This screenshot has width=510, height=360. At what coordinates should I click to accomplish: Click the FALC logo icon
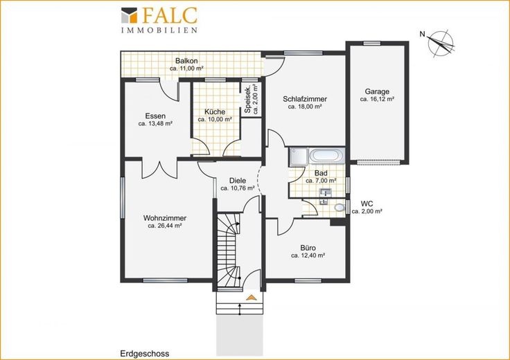tap(129, 15)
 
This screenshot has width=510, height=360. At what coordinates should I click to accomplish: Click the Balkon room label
tap(186, 61)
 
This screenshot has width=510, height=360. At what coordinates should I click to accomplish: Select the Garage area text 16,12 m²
tap(377, 99)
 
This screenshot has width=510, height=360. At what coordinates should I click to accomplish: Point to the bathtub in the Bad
tap(326, 156)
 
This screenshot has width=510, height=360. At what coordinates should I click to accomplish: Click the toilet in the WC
tap(340, 207)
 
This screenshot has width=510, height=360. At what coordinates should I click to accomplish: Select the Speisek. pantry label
tap(247, 100)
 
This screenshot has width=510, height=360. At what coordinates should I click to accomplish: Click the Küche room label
tap(215, 111)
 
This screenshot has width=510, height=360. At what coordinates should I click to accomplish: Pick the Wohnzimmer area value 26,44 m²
tap(165, 226)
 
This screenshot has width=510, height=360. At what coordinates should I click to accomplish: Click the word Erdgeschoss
tap(145, 354)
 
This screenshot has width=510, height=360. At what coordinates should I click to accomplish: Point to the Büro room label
tap(308, 249)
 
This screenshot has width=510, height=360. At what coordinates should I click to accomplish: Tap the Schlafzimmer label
tap(305, 99)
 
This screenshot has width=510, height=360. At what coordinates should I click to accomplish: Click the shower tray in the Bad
tap(299, 158)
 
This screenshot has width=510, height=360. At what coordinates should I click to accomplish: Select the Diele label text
tap(238, 181)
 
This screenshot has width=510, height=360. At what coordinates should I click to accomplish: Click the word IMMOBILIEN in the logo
tap(159, 30)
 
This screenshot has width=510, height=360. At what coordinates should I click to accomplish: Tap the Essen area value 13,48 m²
tap(155, 123)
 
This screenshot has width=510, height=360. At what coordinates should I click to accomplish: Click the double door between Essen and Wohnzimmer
tap(159, 169)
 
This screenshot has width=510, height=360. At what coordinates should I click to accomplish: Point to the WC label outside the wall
tap(367, 204)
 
